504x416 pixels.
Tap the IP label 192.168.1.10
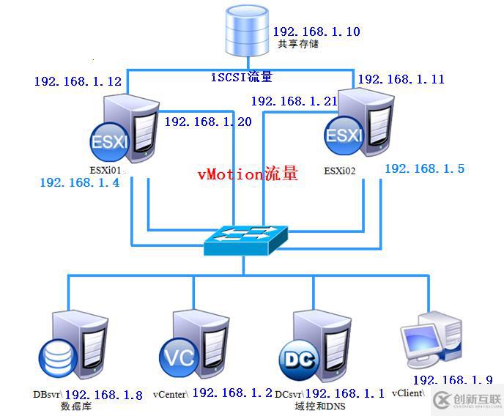click(316, 32)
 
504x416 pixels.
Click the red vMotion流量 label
click(248, 174)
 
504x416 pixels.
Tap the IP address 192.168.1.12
click(77, 81)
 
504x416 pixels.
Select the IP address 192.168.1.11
click(401, 79)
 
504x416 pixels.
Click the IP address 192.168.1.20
click(208, 122)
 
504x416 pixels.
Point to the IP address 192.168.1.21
click(294, 101)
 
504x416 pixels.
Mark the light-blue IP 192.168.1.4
click(79, 183)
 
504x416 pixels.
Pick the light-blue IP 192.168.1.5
click(424, 168)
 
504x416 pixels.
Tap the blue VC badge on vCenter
click(177, 357)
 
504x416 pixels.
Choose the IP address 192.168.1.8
click(103, 395)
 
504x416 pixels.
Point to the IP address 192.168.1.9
click(452, 380)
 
